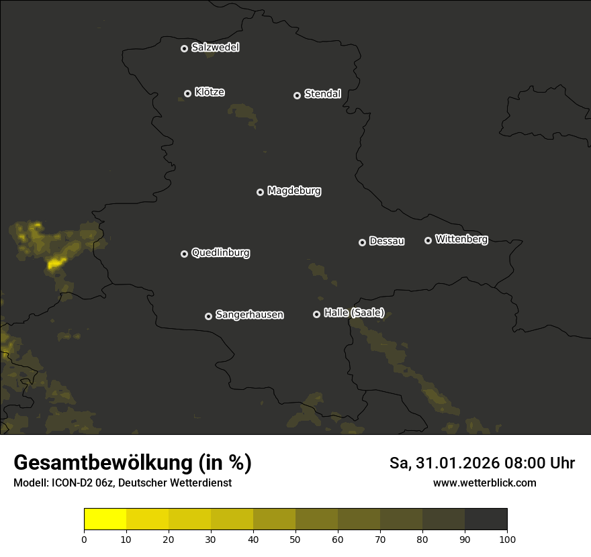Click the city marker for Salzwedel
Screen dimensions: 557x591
pyautogui.click(x=184, y=48)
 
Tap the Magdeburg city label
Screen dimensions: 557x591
pyautogui.click(x=294, y=191)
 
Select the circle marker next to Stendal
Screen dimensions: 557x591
pyautogui.click(x=297, y=95)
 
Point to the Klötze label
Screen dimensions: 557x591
pyautogui.click(x=210, y=93)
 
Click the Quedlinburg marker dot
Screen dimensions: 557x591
pyautogui.click(x=184, y=254)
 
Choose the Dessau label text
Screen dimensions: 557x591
pyautogui.click(x=387, y=242)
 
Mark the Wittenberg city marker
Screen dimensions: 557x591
pyautogui.click(x=428, y=240)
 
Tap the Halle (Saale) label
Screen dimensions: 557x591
pyautogui.click(x=354, y=313)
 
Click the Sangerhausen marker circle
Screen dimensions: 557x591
pyautogui.click(x=208, y=316)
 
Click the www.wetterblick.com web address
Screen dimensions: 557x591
pyautogui.click(x=484, y=483)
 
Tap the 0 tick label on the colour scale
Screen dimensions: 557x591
pyautogui.click(x=84, y=540)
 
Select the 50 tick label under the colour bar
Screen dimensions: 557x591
pyautogui.click(x=295, y=540)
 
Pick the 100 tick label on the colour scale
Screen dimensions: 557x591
pyautogui.click(x=507, y=540)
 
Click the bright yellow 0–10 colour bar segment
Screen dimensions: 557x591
pyautogui.click(x=105, y=519)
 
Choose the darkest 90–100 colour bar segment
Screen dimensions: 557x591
pyautogui.click(x=486, y=519)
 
